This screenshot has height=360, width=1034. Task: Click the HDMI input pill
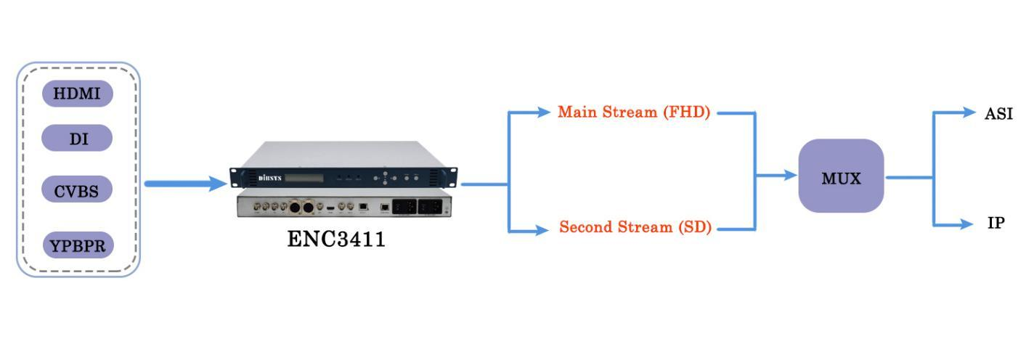click(77, 94)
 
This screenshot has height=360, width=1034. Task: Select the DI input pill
click(77, 138)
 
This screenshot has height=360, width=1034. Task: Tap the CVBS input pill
click(77, 191)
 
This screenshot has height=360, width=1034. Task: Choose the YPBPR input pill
click(78, 245)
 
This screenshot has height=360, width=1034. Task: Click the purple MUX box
click(841, 176)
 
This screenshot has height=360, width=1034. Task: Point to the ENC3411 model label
click(336, 240)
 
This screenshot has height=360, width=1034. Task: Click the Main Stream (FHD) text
click(633, 112)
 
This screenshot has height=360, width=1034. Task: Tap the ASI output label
click(998, 114)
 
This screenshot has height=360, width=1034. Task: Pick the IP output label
click(996, 224)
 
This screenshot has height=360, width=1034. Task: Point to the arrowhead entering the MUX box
click(789, 176)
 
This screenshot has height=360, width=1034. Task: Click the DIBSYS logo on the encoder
click(270, 178)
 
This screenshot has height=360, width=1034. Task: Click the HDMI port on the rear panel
click(331, 209)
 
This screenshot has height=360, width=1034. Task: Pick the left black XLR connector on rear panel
click(295, 208)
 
